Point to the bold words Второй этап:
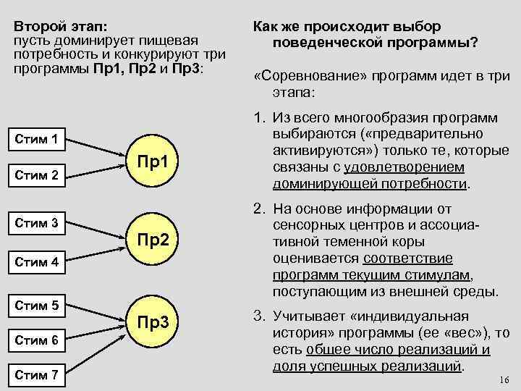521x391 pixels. tap(59, 26)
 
